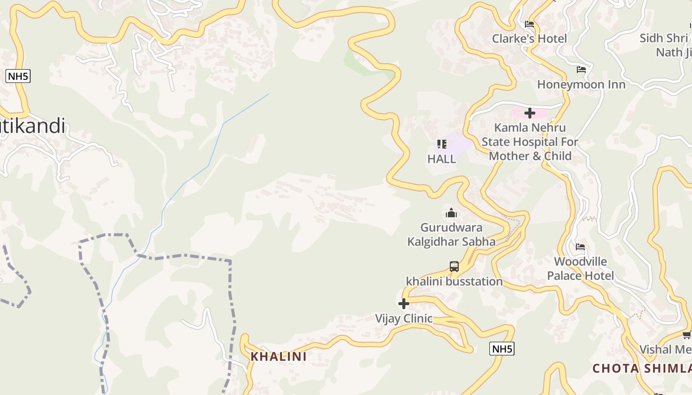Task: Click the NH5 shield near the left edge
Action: pyautogui.click(x=18, y=76)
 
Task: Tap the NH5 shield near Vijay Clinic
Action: pyautogui.click(x=502, y=349)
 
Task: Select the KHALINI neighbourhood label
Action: pyautogui.click(x=278, y=356)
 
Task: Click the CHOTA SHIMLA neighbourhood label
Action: pyautogui.click(x=642, y=368)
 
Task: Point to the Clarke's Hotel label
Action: pyautogui.click(x=529, y=39)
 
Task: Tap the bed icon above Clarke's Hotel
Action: pyautogui.click(x=529, y=24)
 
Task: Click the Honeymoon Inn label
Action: pyautogui.click(x=581, y=84)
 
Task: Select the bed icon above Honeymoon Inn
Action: pyautogui.click(x=581, y=70)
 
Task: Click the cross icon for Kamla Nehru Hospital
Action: pyautogui.click(x=530, y=113)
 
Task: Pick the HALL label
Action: pyautogui.click(x=441, y=159)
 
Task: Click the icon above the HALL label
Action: pyautogui.click(x=441, y=144)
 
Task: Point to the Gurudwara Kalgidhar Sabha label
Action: pyautogui.click(x=451, y=235)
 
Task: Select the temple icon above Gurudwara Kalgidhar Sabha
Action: pyautogui.click(x=451, y=213)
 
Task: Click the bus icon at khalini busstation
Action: pyautogui.click(x=454, y=267)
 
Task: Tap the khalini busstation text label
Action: pyautogui.click(x=454, y=281)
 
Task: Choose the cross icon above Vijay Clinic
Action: pyautogui.click(x=404, y=304)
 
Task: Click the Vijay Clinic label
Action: pyautogui.click(x=404, y=318)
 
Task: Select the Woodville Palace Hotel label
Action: pyautogui.click(x=580, y=269)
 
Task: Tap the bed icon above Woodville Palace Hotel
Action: pyautogui.click(x=580, y=247)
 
